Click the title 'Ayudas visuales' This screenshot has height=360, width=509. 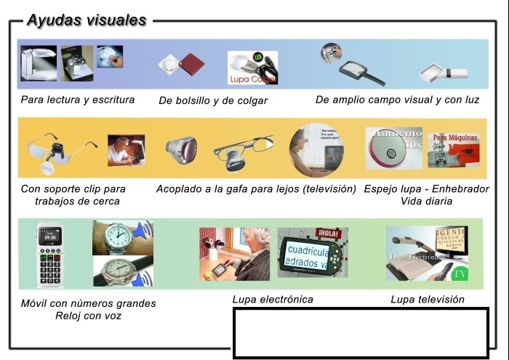tap(87, 20)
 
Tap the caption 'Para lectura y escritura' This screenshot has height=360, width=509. tap(78, 99)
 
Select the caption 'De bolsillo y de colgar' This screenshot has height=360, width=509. tap(213, 100)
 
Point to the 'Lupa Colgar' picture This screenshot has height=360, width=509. tap(252, 68)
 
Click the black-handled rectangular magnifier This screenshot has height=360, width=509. tap(361, 72)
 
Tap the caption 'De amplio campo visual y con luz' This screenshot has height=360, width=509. tap(397, 100)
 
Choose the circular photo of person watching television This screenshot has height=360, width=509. tap(316, 151)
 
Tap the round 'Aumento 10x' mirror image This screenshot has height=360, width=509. tap(393, 148)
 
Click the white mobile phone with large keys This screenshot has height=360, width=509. tap(49, 255)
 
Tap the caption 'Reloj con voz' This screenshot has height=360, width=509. tap(88, 316)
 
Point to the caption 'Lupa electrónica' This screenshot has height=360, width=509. tap(273, 299)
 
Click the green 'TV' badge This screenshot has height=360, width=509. tap(460, 274)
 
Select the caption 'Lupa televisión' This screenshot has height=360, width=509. tap(427, 299)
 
